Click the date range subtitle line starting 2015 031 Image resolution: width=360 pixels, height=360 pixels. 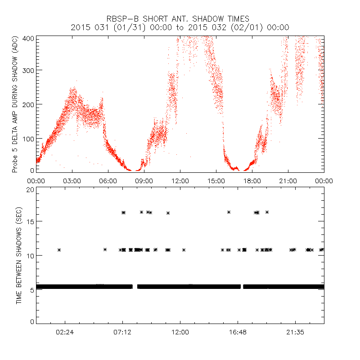[180, 27]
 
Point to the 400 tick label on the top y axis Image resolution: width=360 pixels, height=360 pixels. [28, 39]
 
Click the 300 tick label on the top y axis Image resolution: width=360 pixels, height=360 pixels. [28, 71]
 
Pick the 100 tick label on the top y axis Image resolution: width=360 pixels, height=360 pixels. [28, 138]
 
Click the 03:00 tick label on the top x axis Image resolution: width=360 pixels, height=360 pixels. [72, 180]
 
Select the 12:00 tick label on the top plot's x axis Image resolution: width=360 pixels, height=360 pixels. [180, 180]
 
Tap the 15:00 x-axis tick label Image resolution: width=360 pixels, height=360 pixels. [216, 180]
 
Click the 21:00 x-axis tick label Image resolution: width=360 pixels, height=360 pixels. [288, 180]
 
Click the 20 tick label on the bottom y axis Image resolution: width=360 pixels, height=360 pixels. [30, 189]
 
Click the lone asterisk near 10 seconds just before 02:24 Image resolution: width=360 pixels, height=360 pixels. [59, 250]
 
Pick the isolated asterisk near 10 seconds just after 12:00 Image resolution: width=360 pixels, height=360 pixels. [184, 250]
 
